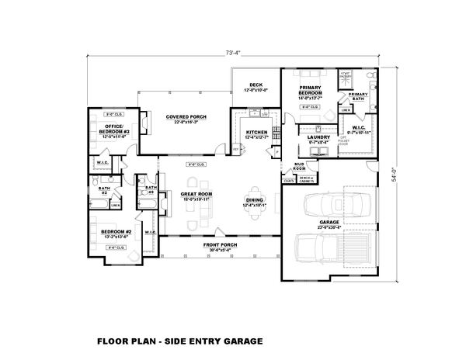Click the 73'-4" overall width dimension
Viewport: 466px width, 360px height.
[233, 53]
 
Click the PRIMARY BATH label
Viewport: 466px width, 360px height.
[358, 96]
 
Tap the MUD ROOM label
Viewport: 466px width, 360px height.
[299, 167]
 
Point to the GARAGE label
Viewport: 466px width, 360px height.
[330, 221]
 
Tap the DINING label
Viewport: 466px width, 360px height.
[254, 200]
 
